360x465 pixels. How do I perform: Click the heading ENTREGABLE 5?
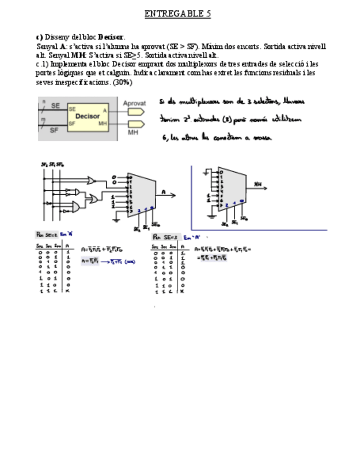click(178, 14)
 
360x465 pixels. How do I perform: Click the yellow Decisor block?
click(88, 117)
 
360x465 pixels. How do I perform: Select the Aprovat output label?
click(134, 103)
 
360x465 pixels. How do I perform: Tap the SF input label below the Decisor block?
click(54, 130)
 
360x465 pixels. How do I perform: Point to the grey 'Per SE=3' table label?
click(165, 237)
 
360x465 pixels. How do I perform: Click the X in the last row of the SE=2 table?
click(67, 291)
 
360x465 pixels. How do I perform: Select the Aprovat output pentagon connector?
click(136, 111)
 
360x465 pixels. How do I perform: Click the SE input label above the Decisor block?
click(55, 105)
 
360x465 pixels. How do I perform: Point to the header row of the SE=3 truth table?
click(170, 247)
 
